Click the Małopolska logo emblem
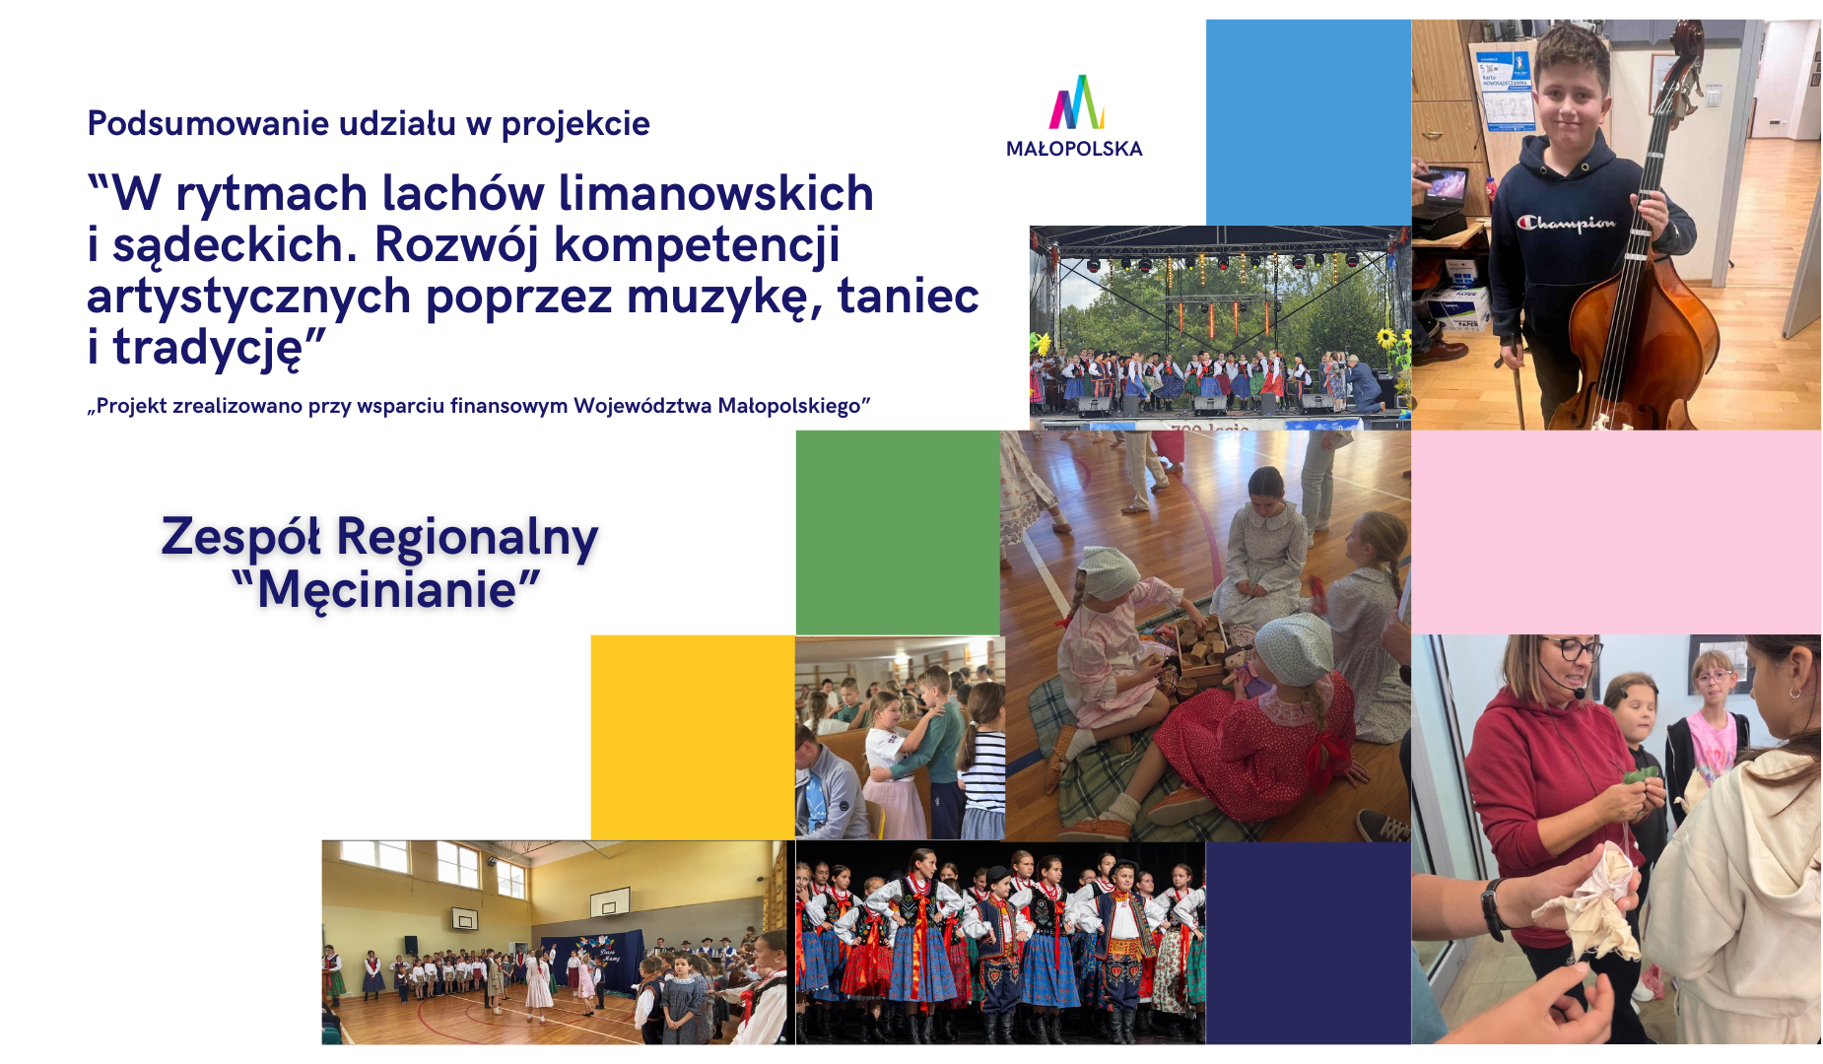(1076, 102)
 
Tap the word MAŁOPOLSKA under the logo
(1074, 149)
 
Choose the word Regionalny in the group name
(467, 538)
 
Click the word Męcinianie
(386, 590)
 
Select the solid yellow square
(693, 737)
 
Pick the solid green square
(898, 532)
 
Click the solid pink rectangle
(1616, 532)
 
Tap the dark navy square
(1309, 943)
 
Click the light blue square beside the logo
(1309, 122)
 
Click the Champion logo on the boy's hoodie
(1567, 223)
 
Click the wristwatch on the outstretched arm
(1493, 908)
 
